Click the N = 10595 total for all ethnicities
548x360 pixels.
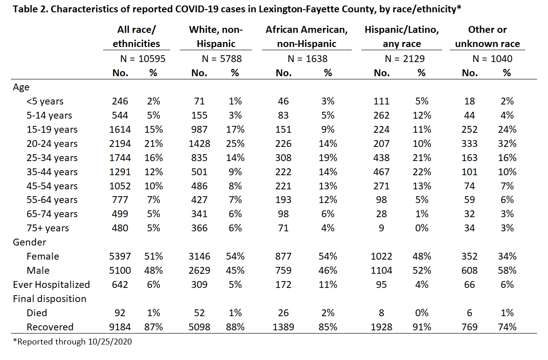(143, 59)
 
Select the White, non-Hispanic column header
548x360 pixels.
(216, 37)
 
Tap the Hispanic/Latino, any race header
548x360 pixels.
(402, 37)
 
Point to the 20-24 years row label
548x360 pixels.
(52, 144)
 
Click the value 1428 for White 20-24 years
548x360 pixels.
(199, 144)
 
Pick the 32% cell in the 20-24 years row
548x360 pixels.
(507, 144)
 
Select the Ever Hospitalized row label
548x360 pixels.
(52, 285)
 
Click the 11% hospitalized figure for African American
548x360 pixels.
(328, 285)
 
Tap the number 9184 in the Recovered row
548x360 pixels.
(120, 327)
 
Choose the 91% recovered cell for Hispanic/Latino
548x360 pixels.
(422, 327)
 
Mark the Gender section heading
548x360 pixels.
(29, 242)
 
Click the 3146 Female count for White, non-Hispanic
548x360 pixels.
(199, 256)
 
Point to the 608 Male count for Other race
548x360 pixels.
(469, 271)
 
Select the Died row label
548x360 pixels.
(37, 313)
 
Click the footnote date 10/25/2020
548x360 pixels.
(110, 342)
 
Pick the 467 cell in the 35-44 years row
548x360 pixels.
(381, 172)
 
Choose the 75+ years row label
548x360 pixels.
(48, 228)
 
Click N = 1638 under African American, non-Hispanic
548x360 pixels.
(308, 59)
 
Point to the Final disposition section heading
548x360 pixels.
(50, 299)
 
